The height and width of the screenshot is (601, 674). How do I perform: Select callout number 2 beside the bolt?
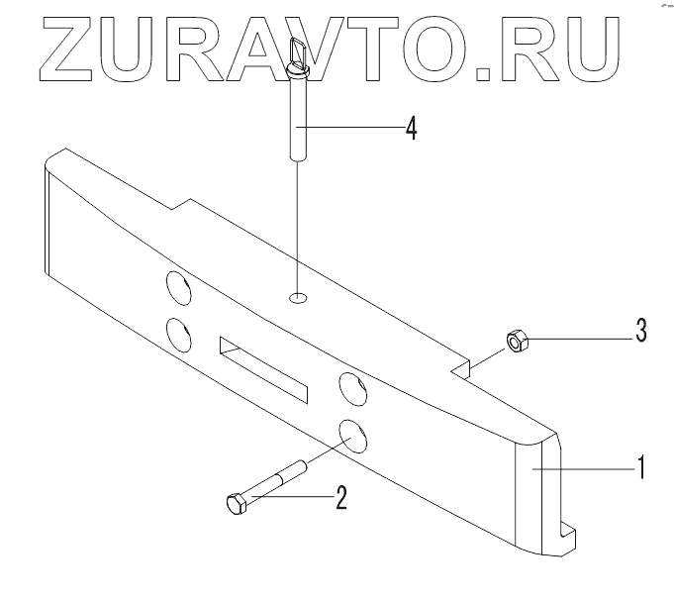340,496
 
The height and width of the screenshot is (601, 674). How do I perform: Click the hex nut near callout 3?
516,342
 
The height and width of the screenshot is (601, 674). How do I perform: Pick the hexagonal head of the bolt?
236,502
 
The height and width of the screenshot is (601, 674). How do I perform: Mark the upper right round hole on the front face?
351,387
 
